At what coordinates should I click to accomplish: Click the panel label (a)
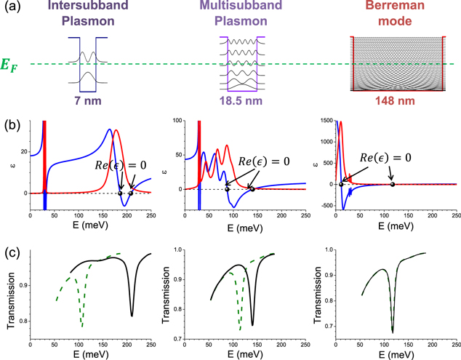12,9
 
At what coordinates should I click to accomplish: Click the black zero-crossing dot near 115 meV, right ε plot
393,184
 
